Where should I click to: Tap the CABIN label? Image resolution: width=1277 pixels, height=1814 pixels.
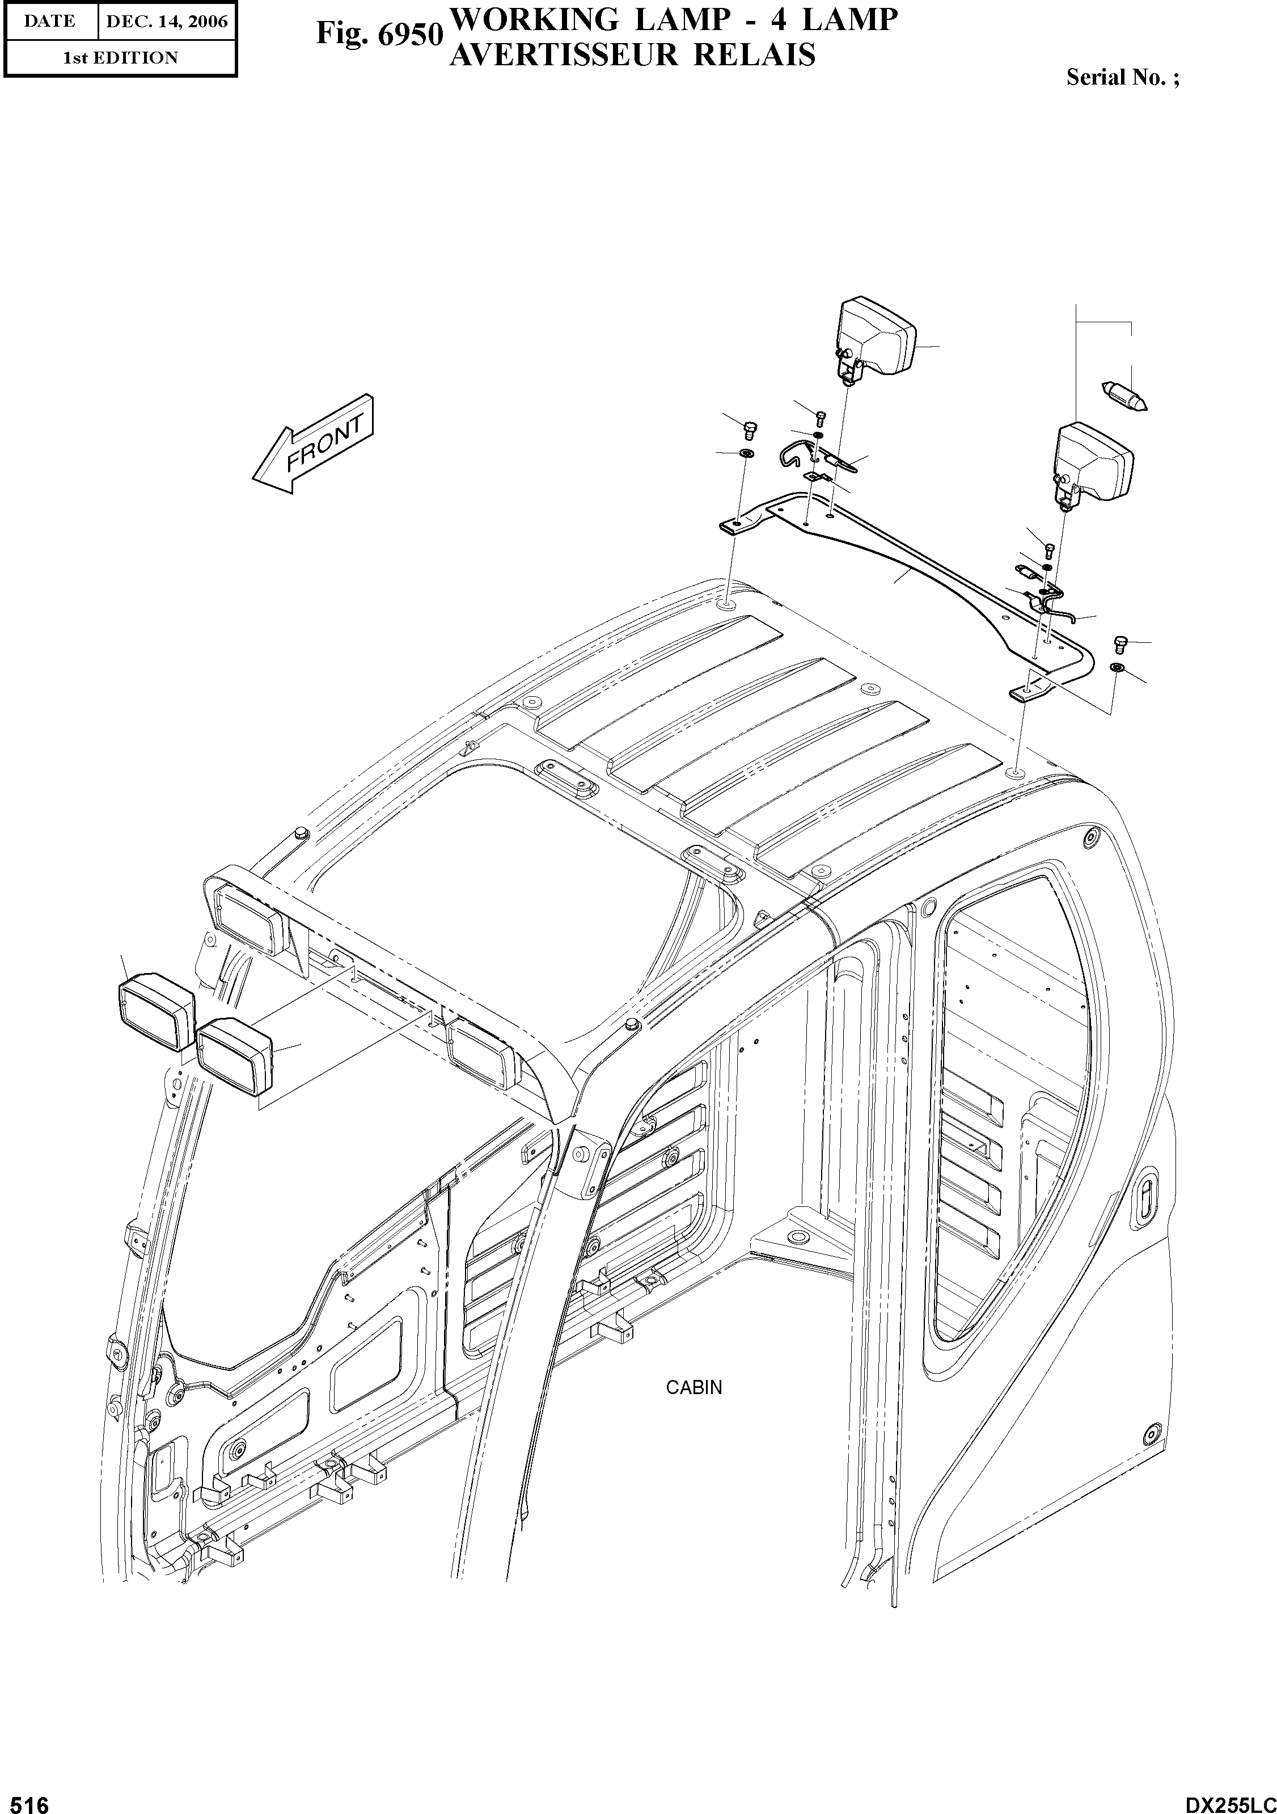[x=694, y=1387]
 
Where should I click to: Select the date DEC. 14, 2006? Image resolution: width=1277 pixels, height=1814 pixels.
[x=167, y=22]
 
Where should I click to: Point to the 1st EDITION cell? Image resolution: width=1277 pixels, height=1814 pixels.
[x=120, y=58]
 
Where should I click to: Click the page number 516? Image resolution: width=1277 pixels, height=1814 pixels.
[x=26, y=1799]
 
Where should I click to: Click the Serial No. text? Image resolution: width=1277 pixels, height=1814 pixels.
[x=1122, y=77]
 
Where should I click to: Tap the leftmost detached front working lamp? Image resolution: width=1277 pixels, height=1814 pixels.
[x=157, y=1009]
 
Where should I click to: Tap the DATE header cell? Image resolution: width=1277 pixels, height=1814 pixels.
[x=49, y=22]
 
